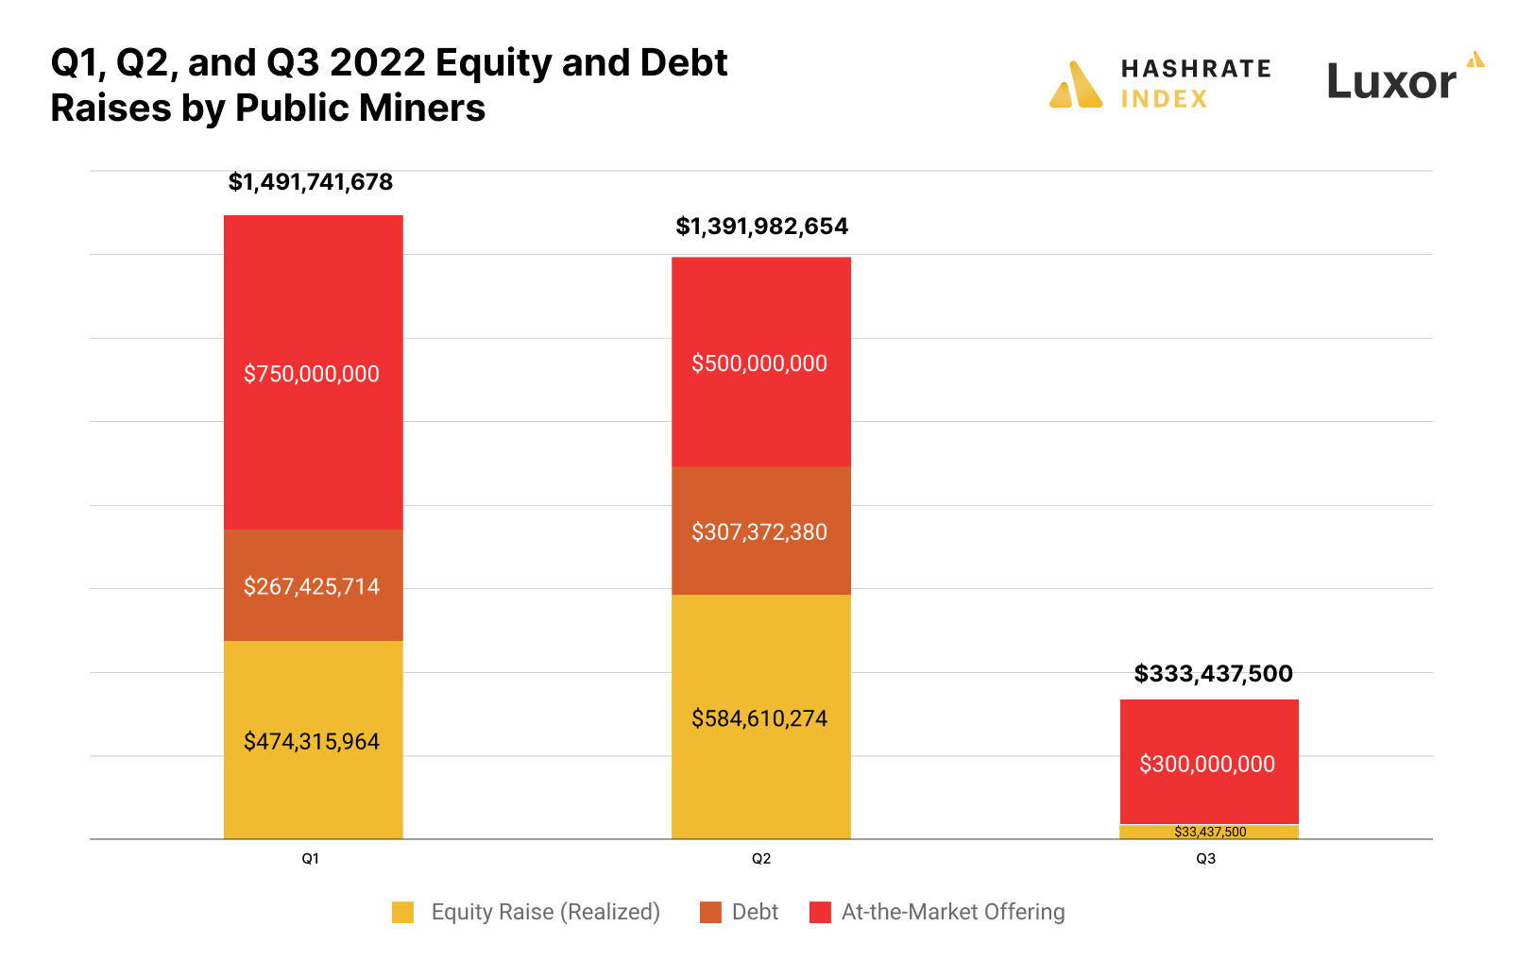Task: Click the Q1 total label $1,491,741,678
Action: [x=311, y=182]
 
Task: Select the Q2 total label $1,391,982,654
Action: [x=761, y=227]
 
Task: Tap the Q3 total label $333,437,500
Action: [x=1213, y=674]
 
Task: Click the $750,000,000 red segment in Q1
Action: [x=313, y=373]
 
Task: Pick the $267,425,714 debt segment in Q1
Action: [x=313, y=585]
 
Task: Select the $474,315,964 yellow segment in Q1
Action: [x=313, y=740]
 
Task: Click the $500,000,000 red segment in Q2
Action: [x=760, y=362]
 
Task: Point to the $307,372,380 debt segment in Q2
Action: [x=760, y=531]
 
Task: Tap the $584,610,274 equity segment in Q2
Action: [x=760, y=717]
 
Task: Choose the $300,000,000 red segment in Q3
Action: [x=1208, y=763]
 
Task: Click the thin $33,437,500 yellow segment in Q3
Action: [x=1210, y=832]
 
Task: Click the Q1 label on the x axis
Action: [x=311, y=858]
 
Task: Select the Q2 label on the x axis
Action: [x=761, y=858]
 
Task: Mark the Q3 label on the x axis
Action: [x=1206, y=858]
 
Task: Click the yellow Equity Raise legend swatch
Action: [x=403, y=912]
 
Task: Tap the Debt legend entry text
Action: [x=755, y=912]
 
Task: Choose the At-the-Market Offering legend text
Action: [x=953, y=912]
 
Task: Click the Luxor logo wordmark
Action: [x=1391, y=82]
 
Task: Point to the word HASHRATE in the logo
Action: [x=1196, y=69]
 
